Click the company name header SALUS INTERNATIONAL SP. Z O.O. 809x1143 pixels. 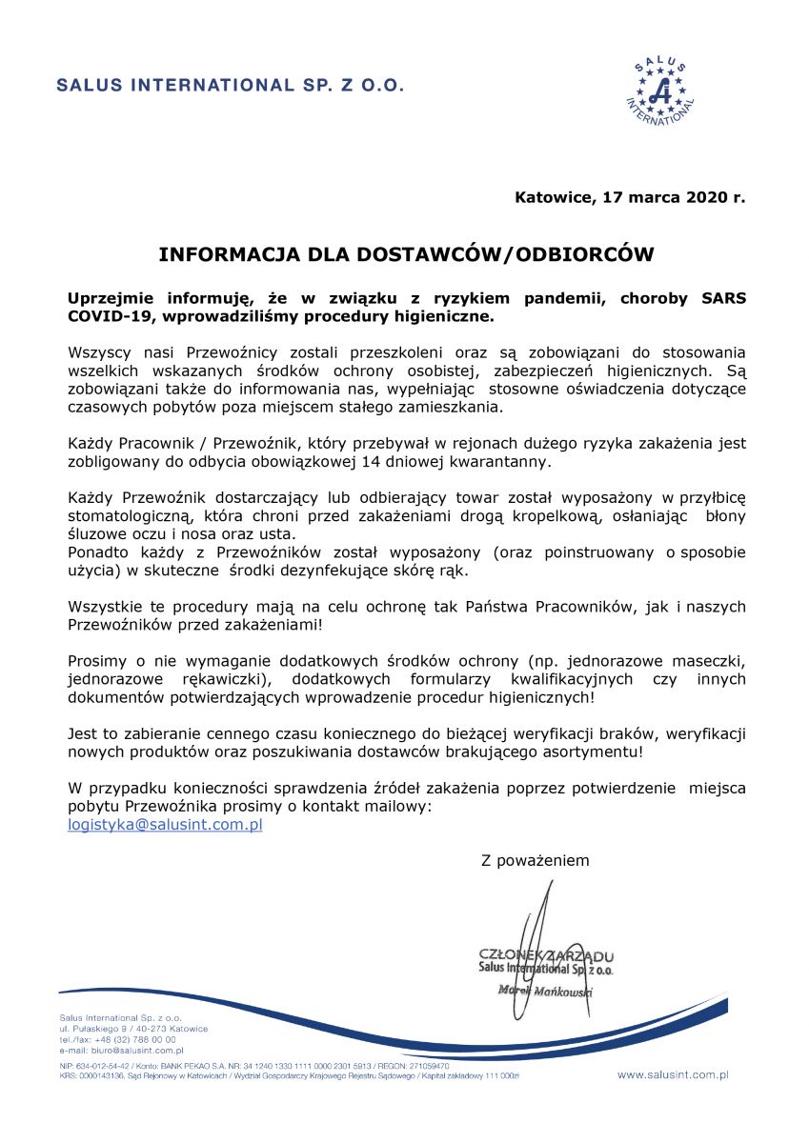pos(231,85)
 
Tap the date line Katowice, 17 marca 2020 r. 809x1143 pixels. pos(630,198)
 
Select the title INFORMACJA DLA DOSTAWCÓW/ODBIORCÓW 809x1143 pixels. pos(406,255)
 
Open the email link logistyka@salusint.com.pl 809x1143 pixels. pos(165,825)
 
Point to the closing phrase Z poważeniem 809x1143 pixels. pos(536,860)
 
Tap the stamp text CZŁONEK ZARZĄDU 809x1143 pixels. pos(547,955)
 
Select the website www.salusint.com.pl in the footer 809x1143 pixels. pos(673,1074)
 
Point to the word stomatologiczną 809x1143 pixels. pos(129,516)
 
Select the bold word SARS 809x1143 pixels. pos(725,297)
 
